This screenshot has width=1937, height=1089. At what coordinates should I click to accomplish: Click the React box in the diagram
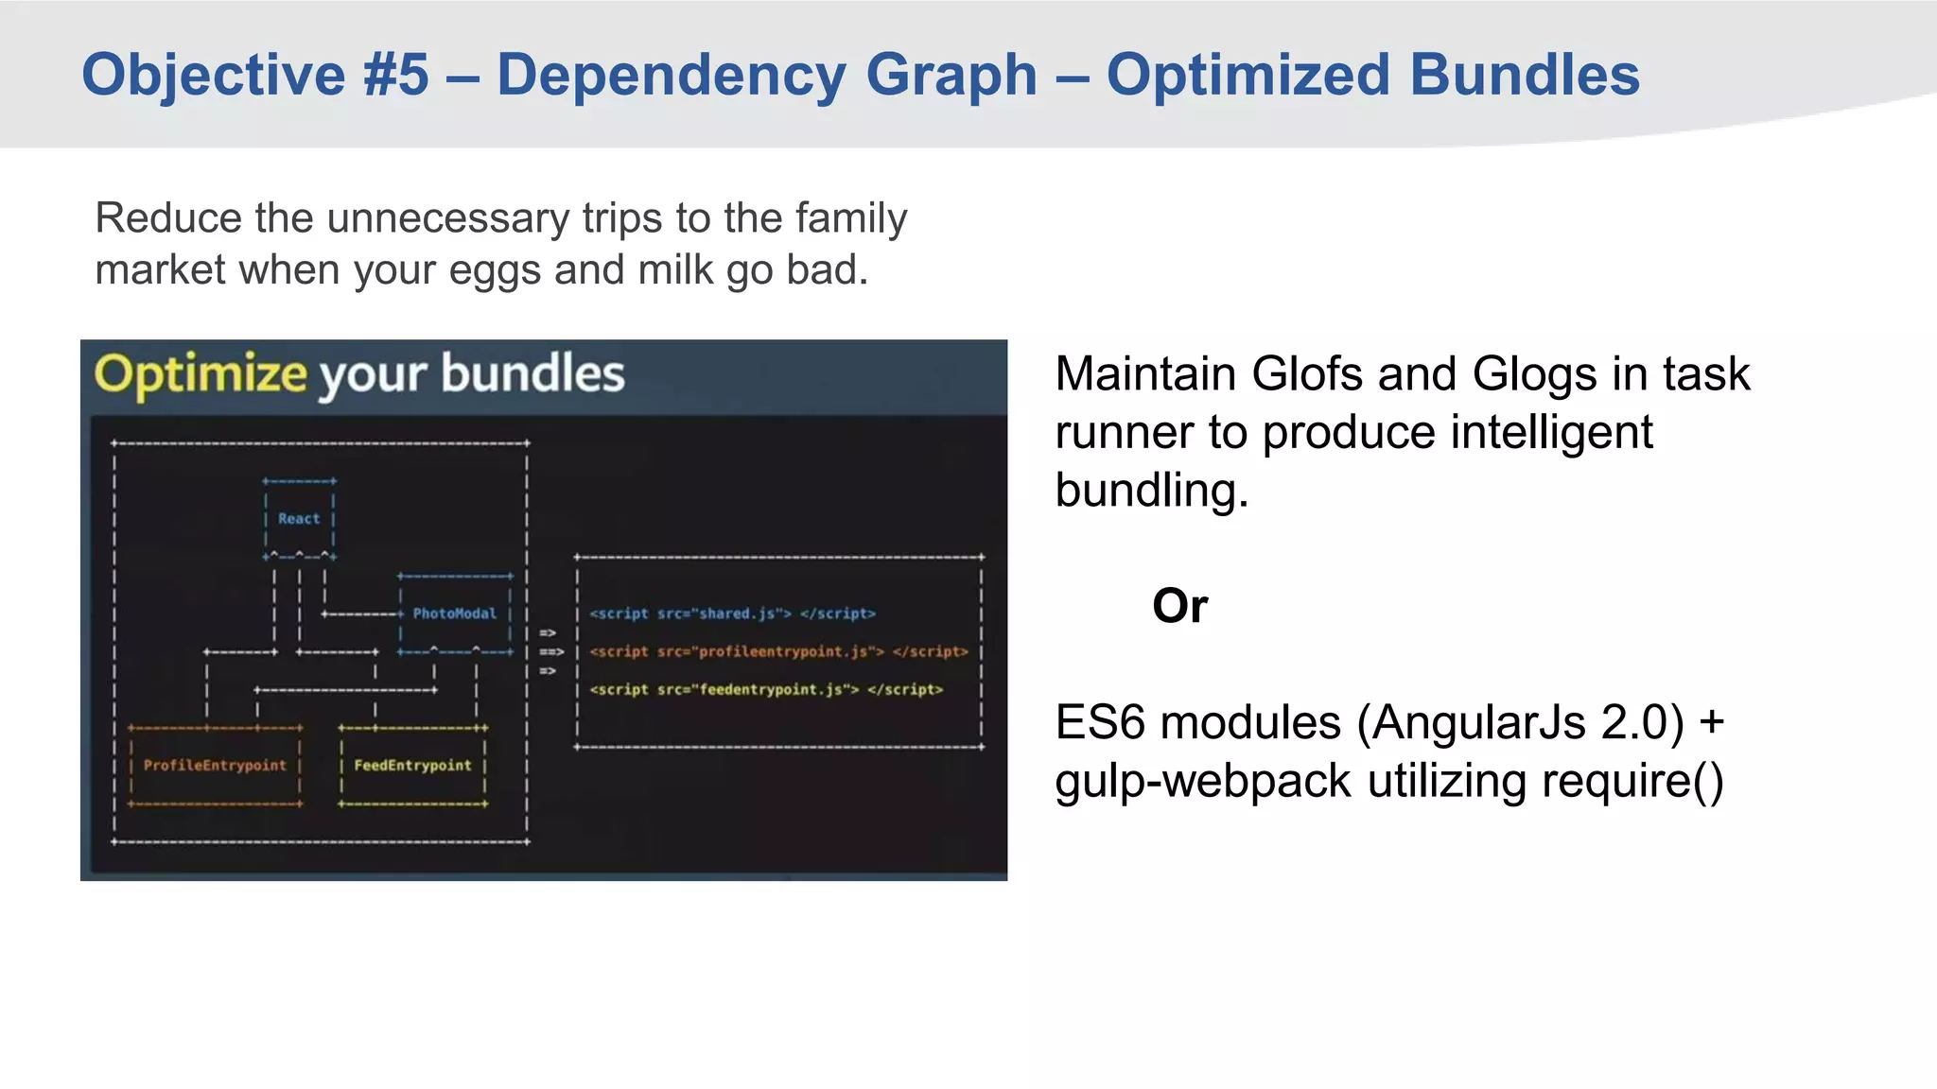click(x=299, y=519)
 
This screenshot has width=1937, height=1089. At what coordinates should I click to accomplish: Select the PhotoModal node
click(x=454, y=614)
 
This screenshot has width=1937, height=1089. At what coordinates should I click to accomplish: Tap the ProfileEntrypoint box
click(x=215, y=766)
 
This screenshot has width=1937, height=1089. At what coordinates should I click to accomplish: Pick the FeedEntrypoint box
click(x=412, y=766)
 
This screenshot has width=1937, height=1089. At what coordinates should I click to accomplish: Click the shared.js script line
click(x=732, y=614)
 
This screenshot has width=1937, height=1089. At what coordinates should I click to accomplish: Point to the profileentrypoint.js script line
click(x=778, y=651)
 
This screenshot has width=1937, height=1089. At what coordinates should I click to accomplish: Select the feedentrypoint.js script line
click(x=766, y=689)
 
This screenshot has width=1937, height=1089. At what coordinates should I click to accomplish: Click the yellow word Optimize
click(x=201, y=374)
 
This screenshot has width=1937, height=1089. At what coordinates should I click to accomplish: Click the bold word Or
click(x=1179, y=606)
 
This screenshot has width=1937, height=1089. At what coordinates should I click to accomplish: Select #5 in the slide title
click(x=395, y=75)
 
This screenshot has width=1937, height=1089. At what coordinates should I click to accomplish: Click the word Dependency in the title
click(x=671, y=75)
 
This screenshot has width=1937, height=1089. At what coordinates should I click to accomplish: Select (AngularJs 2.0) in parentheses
click(x=1521, y=723)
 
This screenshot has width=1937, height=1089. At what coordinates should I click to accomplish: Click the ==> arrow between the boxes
click(x=550, y=651)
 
